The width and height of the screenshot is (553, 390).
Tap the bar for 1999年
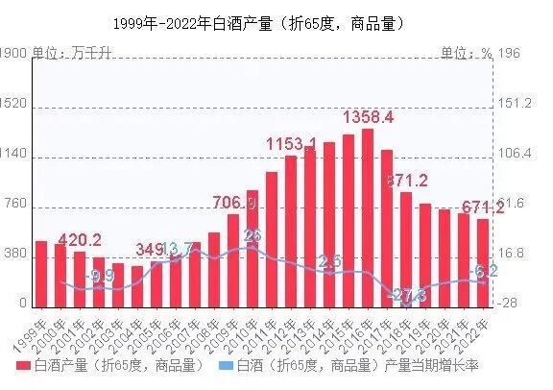click(41, 273)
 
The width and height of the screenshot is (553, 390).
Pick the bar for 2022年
click(483, 261)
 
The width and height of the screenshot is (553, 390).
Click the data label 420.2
click(80, 239)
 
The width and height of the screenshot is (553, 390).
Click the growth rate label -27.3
click(408, 295)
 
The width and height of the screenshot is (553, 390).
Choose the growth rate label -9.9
click(99, 277)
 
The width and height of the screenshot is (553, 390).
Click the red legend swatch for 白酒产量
click(23, 366)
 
